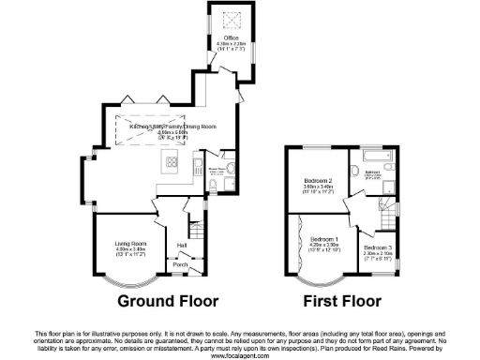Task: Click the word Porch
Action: pos(179,265)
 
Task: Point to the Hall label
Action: pos(181,247)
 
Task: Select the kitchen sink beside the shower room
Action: pos(201,169)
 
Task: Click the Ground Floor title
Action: pos(168,302)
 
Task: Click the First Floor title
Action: pos(342,302)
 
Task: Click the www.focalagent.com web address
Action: pos(240,356)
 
